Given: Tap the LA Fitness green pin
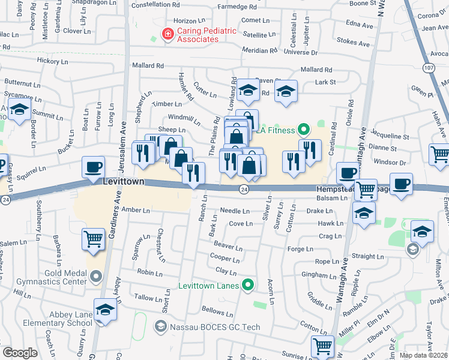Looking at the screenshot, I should [x=304, y=129].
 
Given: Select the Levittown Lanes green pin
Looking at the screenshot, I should [x=248, y=286].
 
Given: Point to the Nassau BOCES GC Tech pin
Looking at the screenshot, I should [x=160, y=326].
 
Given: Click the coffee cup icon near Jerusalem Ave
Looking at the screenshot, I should [x=93, y=167].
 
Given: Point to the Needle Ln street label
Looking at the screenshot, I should [x=235, y=211].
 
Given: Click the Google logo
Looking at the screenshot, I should [x=20, y=353].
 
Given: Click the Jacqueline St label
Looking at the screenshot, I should [x=390, y=136].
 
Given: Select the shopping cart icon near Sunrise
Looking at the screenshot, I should [x=322, y=346].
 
